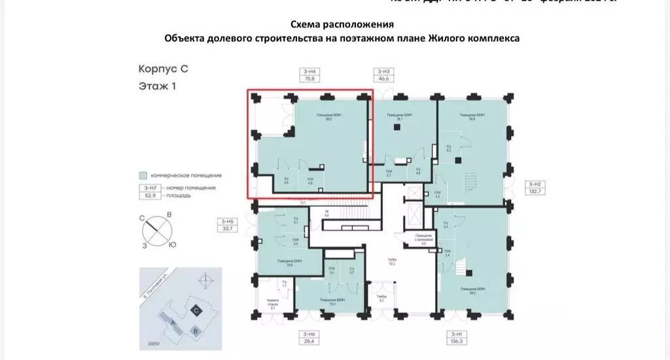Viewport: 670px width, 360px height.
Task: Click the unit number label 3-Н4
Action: coord(309,71)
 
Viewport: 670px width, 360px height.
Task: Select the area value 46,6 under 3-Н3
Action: coord(383,79)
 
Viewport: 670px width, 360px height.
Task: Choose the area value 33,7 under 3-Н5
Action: coord(229,229)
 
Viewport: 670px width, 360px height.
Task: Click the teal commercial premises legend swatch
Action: coord(143,175)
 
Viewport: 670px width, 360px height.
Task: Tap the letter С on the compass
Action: coord(142,219)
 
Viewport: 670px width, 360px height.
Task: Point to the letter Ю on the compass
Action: coord(171,244)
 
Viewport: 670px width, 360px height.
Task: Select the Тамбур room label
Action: coord(382,298)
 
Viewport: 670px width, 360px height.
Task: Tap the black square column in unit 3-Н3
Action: coord(395,129)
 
